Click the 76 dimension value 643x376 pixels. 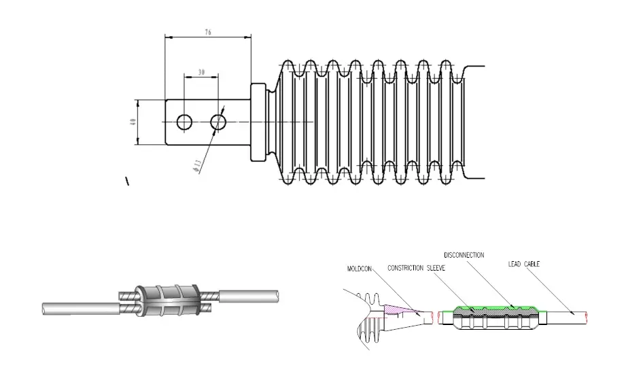(207, 31)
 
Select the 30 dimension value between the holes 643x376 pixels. (201, 71)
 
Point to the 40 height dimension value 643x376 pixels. (133, 122)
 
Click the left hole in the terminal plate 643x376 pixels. (184, 122)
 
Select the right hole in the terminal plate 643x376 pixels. (218, 122)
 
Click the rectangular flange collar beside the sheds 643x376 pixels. (258, 122)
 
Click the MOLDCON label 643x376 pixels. (360, 269)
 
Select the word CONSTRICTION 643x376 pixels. (406, 269)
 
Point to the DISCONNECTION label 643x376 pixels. (464, 255)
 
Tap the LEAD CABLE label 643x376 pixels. (524, 264)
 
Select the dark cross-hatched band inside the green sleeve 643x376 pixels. (489, 311)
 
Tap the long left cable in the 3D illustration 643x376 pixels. (82, 308)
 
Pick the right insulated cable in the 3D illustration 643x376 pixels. (248, 297)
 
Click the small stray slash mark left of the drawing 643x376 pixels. (126, 181)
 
